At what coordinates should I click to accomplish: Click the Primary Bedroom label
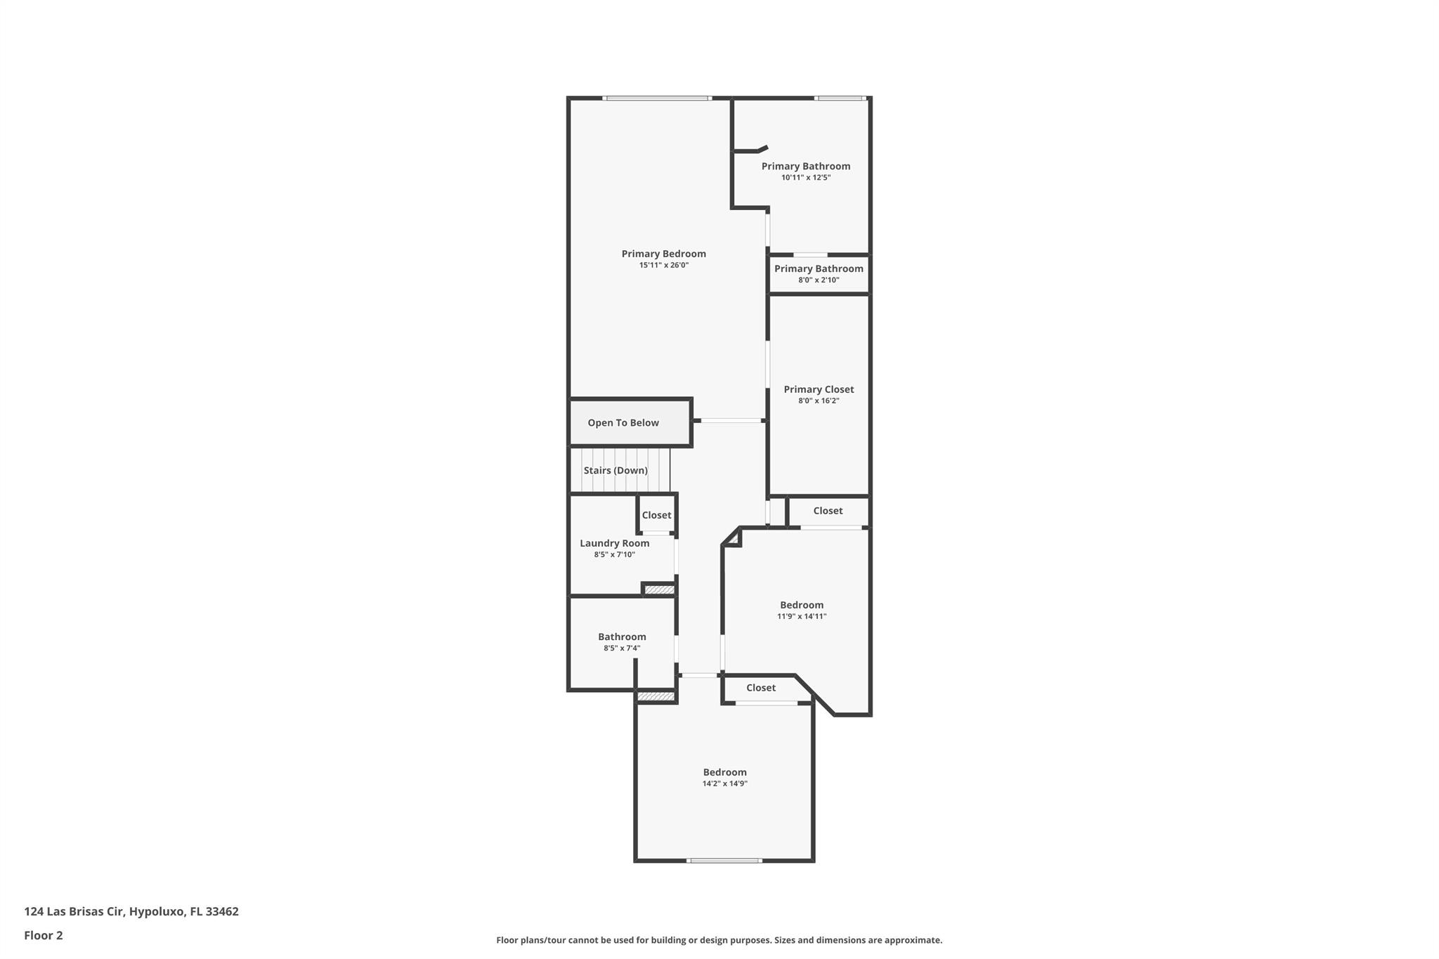[x=663, y=254]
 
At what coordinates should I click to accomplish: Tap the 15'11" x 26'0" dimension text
[x=663, y=266]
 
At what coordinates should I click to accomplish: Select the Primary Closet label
[x=819, y=389]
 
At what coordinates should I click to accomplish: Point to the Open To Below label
[x=623, y=422]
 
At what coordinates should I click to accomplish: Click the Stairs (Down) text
[x=616, y=470]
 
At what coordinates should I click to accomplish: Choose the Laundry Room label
[x=614, y=543]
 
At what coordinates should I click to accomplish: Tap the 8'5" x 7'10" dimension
[x=614, y=555]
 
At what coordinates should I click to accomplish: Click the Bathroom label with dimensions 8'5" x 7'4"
[x=622, y=637]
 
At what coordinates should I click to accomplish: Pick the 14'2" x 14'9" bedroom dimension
[x=724, y=783]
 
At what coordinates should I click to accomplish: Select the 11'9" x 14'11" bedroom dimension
[x=802, y=617]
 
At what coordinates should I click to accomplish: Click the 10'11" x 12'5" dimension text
[x=806, y=178]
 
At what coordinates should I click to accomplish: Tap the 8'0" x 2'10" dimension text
[x=819, y=280]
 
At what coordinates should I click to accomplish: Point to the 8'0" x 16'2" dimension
[x=819, y=401]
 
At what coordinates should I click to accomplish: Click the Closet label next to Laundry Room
[x=656, y=515]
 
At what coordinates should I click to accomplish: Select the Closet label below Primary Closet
[x=828, y=511]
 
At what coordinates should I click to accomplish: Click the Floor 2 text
[x=44, y=935]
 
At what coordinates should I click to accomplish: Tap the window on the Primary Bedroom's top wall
[x=657, y=98]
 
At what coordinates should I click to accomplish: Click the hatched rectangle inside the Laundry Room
[x=660, y=590]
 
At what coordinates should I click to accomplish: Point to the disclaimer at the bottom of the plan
[x=719, y=940]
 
